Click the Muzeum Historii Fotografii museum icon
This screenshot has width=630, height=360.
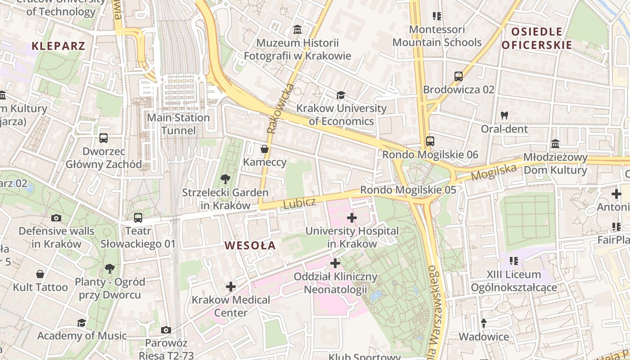point(297,30)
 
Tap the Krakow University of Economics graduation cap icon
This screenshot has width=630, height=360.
point(341,95)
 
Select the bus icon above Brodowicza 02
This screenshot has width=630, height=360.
point(459,76)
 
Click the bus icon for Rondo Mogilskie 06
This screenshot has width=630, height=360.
point(430,141)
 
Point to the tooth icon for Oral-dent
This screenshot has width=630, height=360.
point(504,115)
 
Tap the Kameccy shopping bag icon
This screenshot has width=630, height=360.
point(265,148)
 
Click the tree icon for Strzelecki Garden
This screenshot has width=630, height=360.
point(225,179)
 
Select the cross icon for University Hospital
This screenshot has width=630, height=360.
point(352,218)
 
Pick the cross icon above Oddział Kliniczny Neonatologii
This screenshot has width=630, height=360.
point(335,263)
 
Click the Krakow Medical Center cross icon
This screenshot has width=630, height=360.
point(231,286)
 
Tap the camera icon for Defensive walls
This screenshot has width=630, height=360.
point(56,218)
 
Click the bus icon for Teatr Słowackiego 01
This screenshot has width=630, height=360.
point(138,218)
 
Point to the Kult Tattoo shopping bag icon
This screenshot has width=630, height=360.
point(40,274)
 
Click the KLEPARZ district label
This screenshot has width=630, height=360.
point(58,46)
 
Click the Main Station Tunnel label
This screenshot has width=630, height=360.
point(179,124)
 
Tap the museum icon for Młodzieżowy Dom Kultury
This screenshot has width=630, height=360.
point(555,144)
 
